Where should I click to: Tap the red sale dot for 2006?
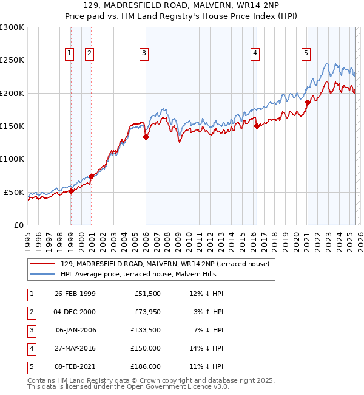pyautogui.click(x=146, y=137)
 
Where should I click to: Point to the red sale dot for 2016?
pyautogui.click(x=257, y=126)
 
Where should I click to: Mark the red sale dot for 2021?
pyautogui.click(x=308, y=102)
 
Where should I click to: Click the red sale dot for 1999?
pyautogui.click(x=71, y=191)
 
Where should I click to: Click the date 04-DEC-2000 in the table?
pyautogui.click(x=75, y=312)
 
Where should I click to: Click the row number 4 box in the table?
pyautogui.click(x=30, y=348)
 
